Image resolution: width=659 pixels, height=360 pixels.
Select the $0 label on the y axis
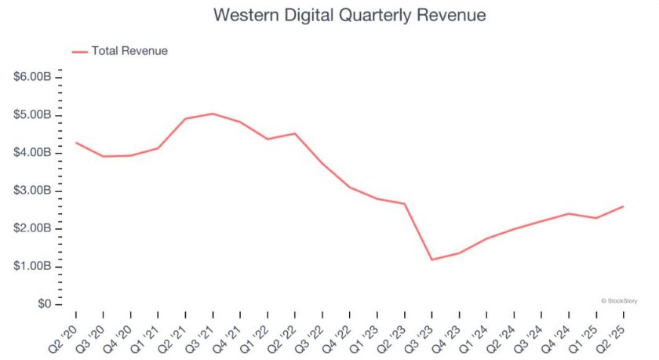coord(42,304)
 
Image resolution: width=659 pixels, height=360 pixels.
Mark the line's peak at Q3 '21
coord(213,114)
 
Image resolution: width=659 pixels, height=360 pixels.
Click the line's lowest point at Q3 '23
coord(431,260)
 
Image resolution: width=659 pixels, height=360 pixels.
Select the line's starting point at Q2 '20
coord(76,143)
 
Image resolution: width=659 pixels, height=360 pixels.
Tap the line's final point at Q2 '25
coord(623,206)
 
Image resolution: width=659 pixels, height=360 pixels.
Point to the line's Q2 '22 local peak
coord(295,133)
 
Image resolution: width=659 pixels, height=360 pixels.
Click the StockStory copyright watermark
coord(619,300)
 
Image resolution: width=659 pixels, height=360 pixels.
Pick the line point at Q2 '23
coord(404,204)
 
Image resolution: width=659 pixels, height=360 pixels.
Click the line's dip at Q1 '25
coord(595,218)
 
